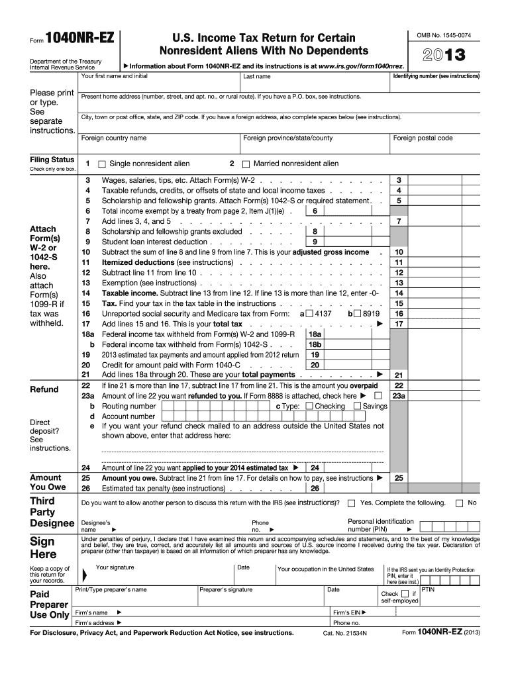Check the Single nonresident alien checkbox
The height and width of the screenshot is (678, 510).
point(102,164)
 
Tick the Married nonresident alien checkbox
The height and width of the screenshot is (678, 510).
point(246,164)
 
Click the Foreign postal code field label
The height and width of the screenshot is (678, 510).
point(423,138)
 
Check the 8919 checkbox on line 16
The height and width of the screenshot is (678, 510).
point(358,313)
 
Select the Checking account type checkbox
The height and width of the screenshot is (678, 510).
point(309,406)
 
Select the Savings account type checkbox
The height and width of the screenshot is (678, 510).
point(358,406)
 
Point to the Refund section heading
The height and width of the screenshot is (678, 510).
point(44,389)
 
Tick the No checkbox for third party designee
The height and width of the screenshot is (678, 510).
point(459,503)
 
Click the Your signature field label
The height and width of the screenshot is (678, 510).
point(115,567)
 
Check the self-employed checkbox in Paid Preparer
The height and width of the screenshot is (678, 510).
point(405,594)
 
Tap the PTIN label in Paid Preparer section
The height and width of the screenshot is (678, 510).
point(428,589)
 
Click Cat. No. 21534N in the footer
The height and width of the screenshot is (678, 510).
point(344,634)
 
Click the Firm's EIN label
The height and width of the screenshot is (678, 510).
point(346,612)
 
